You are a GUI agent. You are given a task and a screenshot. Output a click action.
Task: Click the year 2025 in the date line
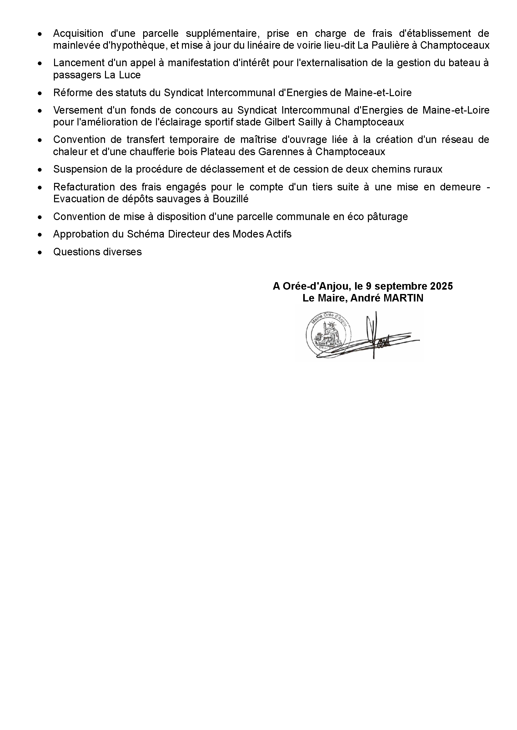441,286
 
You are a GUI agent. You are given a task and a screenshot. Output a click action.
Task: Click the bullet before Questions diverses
40,252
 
